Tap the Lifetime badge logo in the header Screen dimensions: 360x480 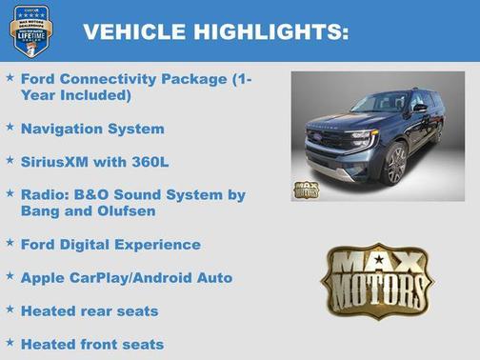pyautogui.click(x=30, y=30)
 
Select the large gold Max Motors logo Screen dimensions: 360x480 pyautogui.click(x=376, y=280)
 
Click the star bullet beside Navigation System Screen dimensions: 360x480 pyautogui.click(x=10, y=127)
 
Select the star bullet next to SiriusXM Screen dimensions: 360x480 pyautogui.click(x=10, y=160)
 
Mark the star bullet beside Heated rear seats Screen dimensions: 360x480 pyautogui.click(x=10, y=309)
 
